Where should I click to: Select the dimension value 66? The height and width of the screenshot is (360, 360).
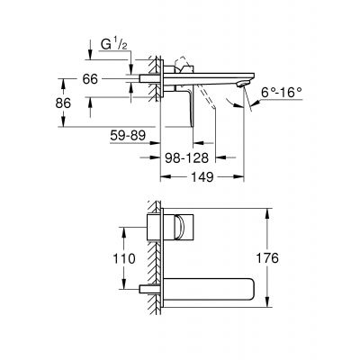pos(90,80)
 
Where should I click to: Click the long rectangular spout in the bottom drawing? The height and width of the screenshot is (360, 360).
pos(212,291)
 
